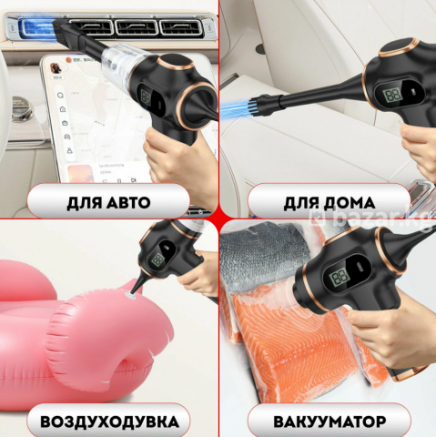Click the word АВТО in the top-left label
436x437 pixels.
coord(128,203)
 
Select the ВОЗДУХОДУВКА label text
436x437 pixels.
coord(109,422)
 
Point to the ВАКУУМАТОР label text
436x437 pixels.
coord(330,422)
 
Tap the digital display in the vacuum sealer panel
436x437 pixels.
coord(340,277)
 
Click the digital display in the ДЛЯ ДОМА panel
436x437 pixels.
coord(393,95)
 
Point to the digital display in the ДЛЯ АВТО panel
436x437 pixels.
coord(146,97)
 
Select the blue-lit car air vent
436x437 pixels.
coord(36,26)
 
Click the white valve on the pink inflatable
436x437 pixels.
coord(131,294)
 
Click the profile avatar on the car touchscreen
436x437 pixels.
coord(56,69)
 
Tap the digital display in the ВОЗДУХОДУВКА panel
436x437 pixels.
coord(158,259)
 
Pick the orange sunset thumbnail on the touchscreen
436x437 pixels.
coord(79,173)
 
